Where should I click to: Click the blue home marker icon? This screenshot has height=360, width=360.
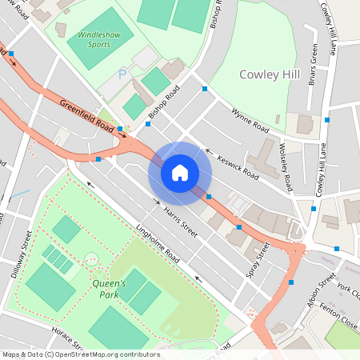coord(180,172)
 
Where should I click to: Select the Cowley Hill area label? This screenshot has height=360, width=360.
coord(270,74)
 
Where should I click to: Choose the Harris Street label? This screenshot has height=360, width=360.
coord(180,212)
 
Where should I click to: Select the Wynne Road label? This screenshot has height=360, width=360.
coord(247,120)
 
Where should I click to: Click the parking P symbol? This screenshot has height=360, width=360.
coord(122,74)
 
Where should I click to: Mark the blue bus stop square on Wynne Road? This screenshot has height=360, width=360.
coord(205,89)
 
